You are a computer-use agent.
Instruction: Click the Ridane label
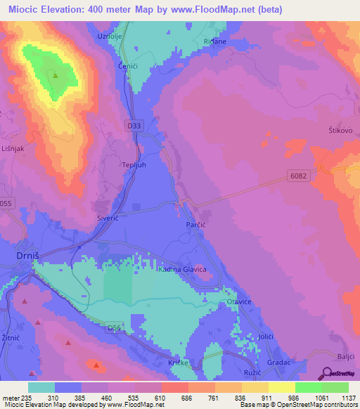click(214, 41)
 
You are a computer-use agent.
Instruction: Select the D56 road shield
click(115, 327)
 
